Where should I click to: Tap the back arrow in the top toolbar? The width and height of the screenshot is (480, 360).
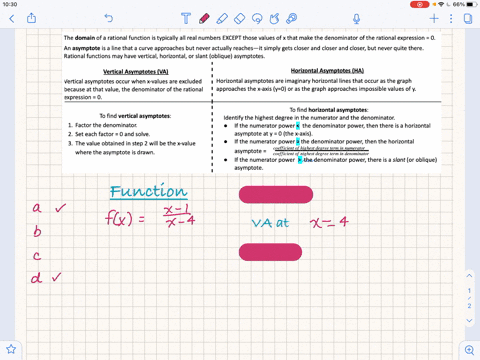pos(14,18)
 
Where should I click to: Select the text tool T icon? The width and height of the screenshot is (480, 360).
pos(187,18)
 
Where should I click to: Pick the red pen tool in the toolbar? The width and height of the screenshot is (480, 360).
pos(205,18)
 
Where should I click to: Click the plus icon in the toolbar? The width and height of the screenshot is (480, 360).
pos(435,18)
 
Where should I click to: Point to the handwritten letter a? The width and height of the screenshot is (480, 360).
pos(36,208)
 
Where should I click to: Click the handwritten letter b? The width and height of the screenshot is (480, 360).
pos(37,232)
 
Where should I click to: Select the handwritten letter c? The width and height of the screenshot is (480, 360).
pos(36,256)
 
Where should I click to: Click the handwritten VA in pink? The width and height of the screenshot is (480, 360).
pos(261,222)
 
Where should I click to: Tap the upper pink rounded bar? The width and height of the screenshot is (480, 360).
pos(269,193)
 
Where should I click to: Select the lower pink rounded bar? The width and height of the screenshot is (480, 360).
pos(269,252)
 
